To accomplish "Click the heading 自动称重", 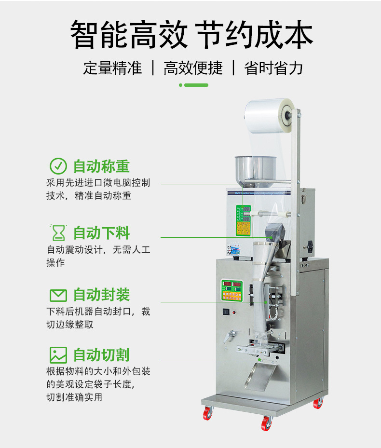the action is tap(101, 166).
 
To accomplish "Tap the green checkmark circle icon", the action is tap(58, 166).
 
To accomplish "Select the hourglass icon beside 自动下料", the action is tap(58, 233).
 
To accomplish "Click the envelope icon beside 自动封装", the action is tap(58, 296).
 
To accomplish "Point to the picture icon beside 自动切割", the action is tap(58, 355).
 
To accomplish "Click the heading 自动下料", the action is tap(101, 233).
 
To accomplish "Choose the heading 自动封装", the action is tap(101, 295).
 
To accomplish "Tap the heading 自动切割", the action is tap(101, 355).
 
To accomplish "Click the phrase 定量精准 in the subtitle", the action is tap(112, 68).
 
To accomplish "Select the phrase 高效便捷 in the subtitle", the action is tap(193, 68).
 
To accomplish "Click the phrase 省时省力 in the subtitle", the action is tap(273, 68).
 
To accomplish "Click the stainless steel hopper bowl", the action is tap(256, 170).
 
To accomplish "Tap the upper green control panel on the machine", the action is tap(243, 220).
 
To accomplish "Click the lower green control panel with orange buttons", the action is tap(232, 290).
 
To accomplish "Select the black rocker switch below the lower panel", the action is tap(226, 312).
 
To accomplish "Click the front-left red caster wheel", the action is tap(208, 413).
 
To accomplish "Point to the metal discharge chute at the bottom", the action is tap(259, 375).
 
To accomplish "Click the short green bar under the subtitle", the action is tap(196, 85).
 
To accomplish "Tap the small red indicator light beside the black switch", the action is tap(234, 312).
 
